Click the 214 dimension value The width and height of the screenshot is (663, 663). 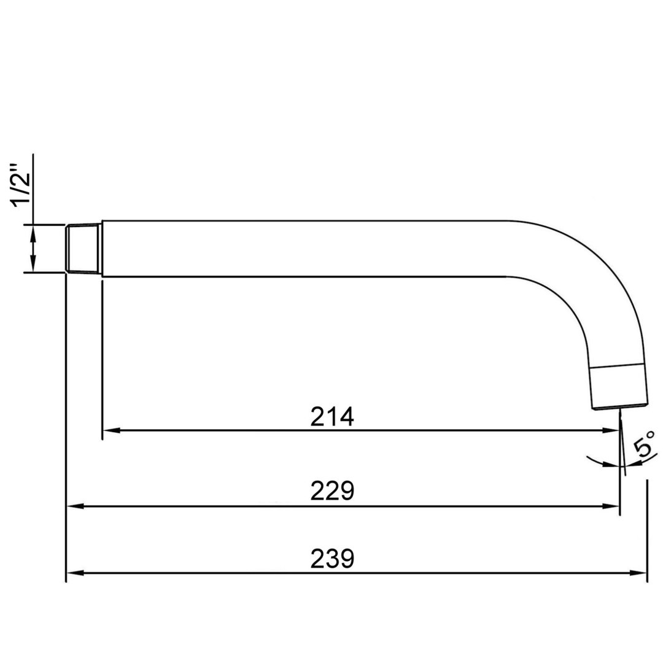pyautogui.click(x=332, y=416)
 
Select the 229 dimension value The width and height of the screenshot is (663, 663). pyautogui.click(x=332, y=491)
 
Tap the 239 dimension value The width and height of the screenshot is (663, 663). pyautogui.click(x=332, y=559)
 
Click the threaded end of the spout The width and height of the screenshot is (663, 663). pyautogui.click(x=83, y=248)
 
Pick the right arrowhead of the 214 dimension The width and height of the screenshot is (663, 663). pyautogui.click(x=611, y=430)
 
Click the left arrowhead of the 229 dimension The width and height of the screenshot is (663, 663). pyautogui.click(x=76, y=506)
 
